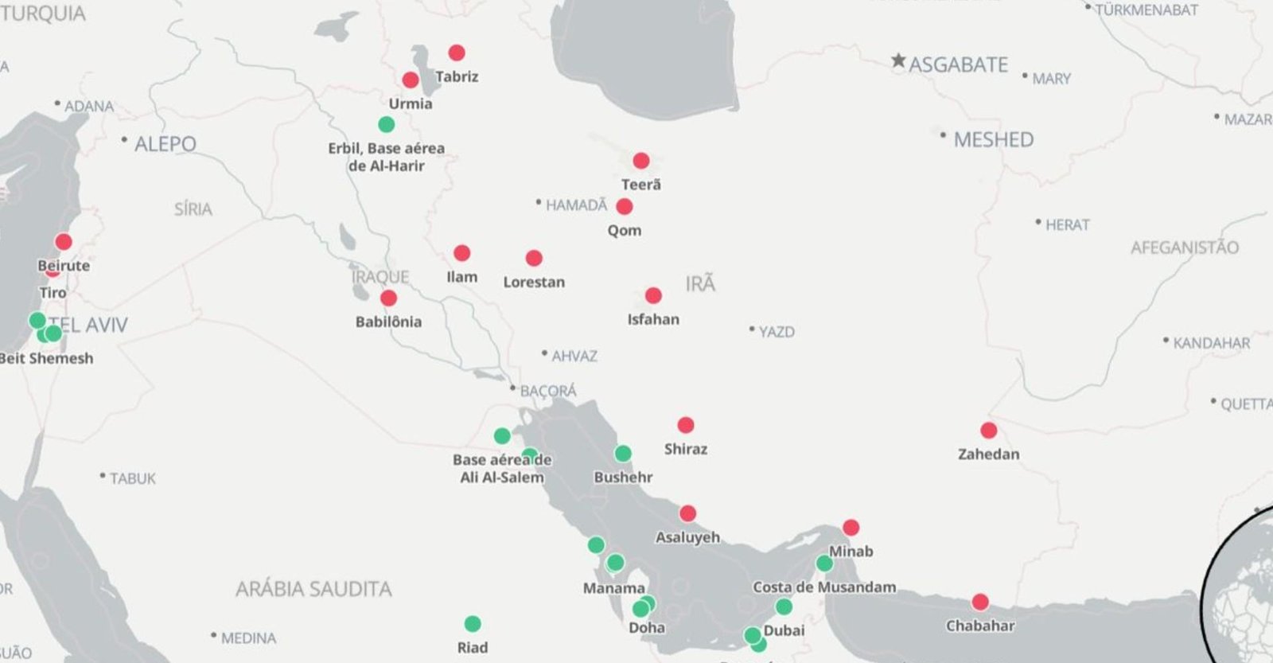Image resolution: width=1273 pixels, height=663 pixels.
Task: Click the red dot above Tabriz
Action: point(457,53)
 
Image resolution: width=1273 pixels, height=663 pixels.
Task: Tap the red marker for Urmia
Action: point(411,80)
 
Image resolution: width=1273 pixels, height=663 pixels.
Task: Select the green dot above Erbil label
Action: point(386,124)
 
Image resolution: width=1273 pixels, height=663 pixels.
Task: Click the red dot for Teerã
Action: point(641,161)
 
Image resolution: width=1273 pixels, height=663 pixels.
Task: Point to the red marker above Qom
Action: point(625,207)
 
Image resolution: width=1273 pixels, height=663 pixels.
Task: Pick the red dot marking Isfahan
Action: point(653,295)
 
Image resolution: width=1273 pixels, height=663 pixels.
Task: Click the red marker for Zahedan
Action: point(989,431)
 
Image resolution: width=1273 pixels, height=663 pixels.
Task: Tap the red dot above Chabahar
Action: point(980,602)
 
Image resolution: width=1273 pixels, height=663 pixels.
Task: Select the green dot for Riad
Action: point(473,623)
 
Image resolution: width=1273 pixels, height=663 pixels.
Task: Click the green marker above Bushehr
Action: point(623,454)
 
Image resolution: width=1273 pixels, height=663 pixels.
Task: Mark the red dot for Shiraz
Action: point(686,425)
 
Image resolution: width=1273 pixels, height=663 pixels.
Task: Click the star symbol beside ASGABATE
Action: point(898,60)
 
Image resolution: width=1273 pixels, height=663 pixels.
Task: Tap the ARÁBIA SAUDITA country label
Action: point(313,589)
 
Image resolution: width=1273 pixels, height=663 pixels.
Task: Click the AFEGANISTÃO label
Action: point(1185,248)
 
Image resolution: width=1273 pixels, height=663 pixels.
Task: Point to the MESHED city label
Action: point(993,140)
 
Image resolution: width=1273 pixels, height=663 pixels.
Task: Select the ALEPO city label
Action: point(165,144)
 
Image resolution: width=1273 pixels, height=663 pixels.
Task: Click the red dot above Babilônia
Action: point(388,298)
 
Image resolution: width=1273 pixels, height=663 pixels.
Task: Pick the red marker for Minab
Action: point(851,527)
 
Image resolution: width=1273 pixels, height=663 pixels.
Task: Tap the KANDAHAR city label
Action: point(1211,343)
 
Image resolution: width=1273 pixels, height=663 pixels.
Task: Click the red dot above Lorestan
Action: point(534,258)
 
